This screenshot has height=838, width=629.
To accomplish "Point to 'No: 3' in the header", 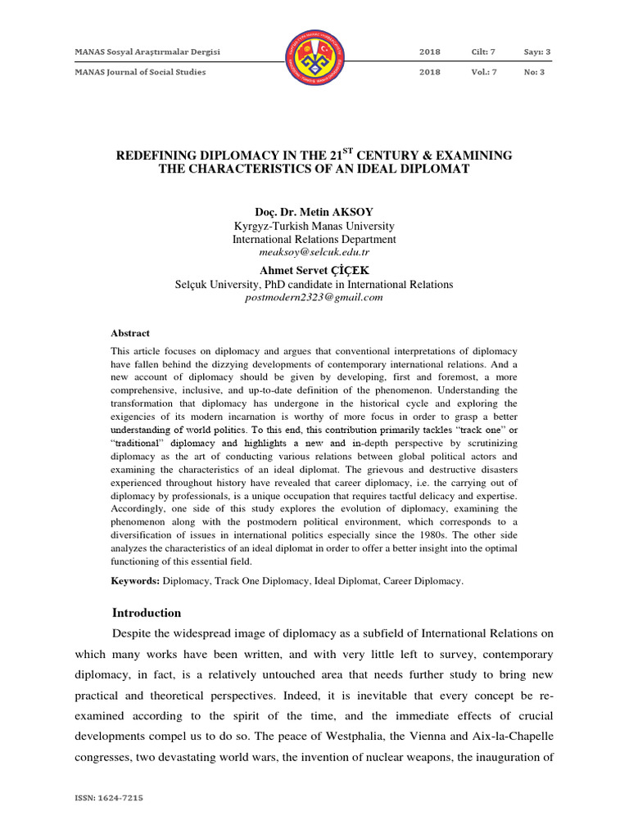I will pyautogui.click(x=535, y=72).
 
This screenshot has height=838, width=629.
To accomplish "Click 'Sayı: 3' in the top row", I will pyautogui.click(x=537, y=52).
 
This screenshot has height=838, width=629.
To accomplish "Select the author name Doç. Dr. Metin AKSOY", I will pyautogui.click(x=314, y=211).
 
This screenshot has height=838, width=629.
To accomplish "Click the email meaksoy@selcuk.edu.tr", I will pyautogui.click(x=314, y=254).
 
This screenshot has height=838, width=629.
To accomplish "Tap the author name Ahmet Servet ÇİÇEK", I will pyautogui.click(x=314, y=270).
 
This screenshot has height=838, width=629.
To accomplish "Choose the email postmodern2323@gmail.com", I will pyautogui.click(x=314, y=298).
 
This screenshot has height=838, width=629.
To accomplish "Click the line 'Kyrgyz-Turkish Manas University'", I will pyautogui.click(x=314, y=226).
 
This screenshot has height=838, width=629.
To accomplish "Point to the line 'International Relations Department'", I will pyautogui.click(x=314, y=240).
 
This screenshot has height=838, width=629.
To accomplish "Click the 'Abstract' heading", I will pyautogui.click(x=130, y=333).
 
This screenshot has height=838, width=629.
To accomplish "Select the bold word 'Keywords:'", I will pyautogui.click(x=135, y=581).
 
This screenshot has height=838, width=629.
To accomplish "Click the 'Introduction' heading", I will pyautogui.click(x=146, y=613).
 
